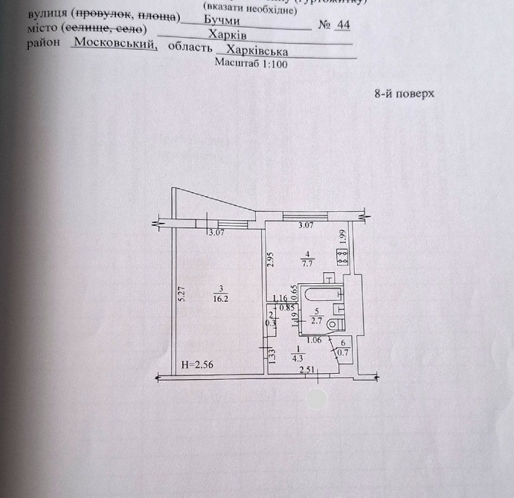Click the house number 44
[x=343, y=25]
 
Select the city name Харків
[x=228, y=37]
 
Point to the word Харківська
[x=258, y=51]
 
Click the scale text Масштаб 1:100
[x=251, y=64]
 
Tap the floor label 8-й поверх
[x=402, y=94]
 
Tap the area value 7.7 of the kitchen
[x=306, y=262]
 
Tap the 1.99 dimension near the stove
[x=343, y=236]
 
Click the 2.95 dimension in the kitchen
[x=272, y=259]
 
